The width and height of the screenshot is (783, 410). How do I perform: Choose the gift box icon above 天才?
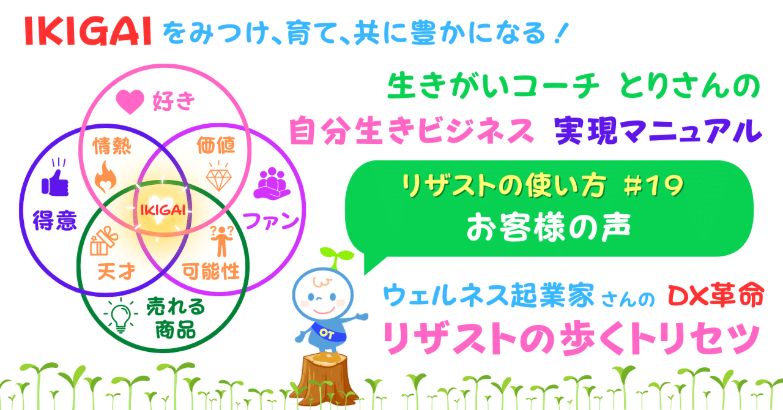[102, 242]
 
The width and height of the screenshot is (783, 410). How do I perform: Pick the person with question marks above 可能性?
[220, 240]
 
